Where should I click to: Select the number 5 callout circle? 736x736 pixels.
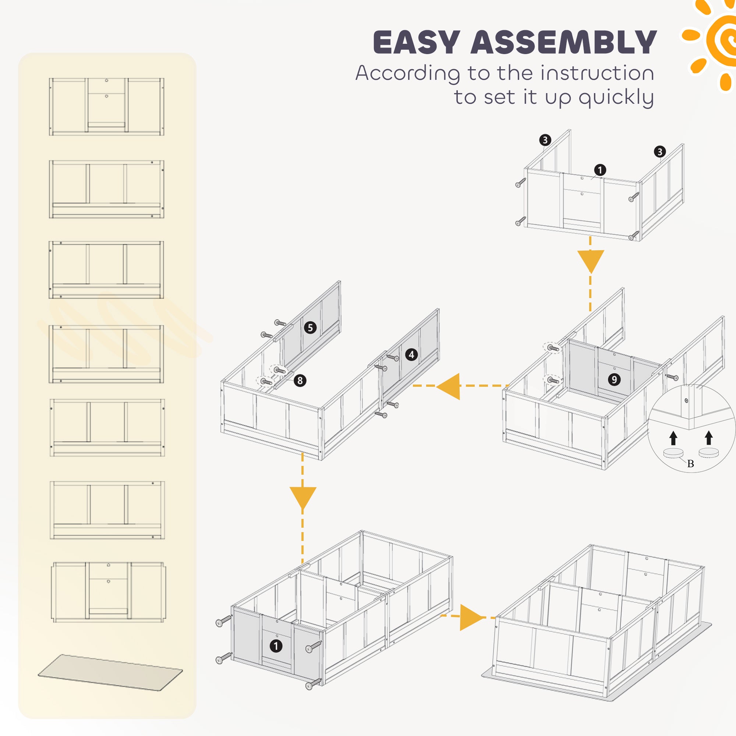[310, 328]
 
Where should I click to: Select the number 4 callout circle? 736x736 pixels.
[411, 355]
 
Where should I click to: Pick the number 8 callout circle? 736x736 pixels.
[300, 380]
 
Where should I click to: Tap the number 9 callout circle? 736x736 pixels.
[614, 379]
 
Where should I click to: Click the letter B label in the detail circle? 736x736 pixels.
[691, 464]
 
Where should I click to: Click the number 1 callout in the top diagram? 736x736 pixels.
[600, 170]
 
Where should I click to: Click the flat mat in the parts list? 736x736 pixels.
[110, 672]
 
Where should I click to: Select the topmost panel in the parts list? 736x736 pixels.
[106, 106]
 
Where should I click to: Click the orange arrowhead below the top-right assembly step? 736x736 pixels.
[591, 261]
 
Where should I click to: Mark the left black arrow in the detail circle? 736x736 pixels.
[673, 438]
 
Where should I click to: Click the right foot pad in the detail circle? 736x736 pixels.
[708, 453]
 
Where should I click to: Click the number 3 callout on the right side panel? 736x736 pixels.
[660, 152]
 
